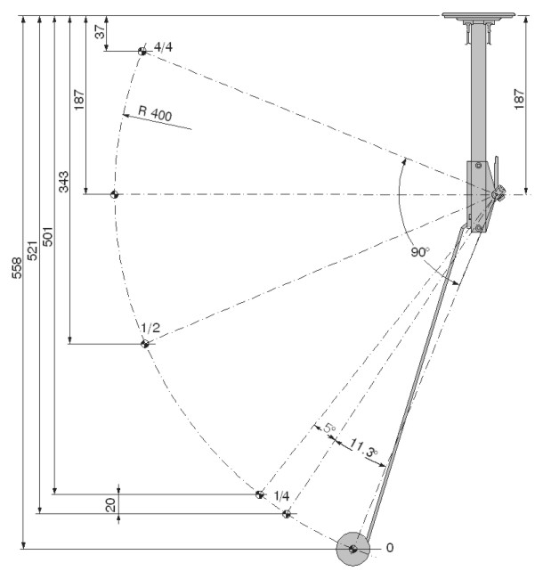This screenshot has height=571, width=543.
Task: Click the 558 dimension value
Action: pos(15,273)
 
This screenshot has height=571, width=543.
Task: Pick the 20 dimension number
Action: pos(110,504)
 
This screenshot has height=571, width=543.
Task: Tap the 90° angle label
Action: pos(420,252)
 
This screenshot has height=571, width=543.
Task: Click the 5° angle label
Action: pos(329,428)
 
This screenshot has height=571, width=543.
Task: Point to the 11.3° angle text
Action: pos(362,448)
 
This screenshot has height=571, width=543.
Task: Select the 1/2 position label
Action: pos(150,328)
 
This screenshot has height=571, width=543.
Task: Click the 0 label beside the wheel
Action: pos(388,547)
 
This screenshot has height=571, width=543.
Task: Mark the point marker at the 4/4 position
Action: pos(142,52)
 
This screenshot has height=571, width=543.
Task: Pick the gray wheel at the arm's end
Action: pos(353,548)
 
